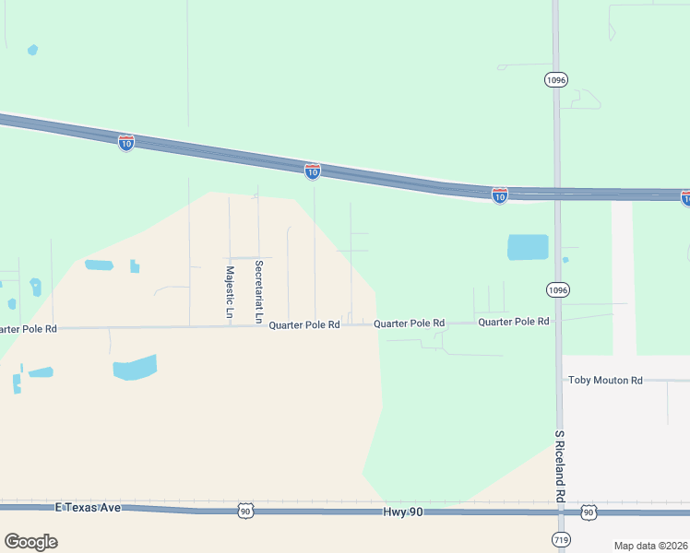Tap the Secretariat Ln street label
[259, 291]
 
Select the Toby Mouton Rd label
[604, 380]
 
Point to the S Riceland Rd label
[559, 465]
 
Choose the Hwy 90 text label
[404, 512]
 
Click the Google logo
[30, 542]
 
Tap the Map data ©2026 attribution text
[651, 546]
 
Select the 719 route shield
[560, 538]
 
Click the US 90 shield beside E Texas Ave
[244, 511]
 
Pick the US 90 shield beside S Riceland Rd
[588, 512]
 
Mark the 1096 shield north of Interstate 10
[555, 80]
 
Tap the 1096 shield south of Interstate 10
[556, 289]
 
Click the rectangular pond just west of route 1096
[528, 247]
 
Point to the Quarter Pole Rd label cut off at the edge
[28, 328]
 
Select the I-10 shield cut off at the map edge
[685, 197]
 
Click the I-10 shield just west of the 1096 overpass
[499, 195]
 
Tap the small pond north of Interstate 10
[33, 50]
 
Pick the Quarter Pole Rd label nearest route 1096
[513, 322]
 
